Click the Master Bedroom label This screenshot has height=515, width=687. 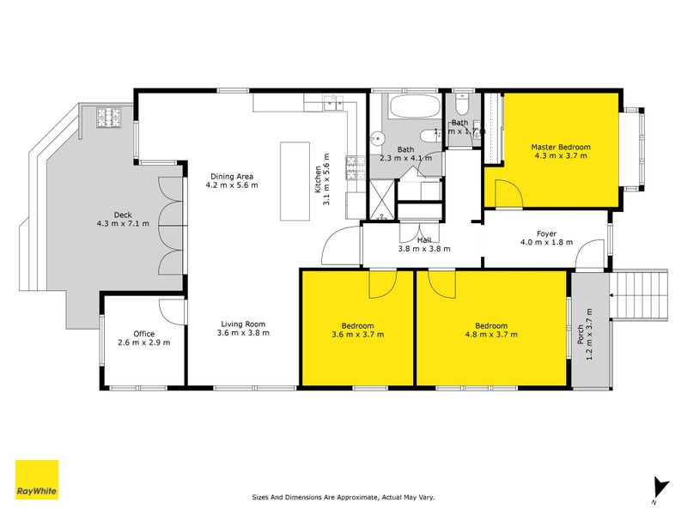pyautogui.click(x=561, y=147)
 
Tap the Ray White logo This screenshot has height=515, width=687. pyautogui.click(x=37, y=480)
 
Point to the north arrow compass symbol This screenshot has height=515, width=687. pyautogui.click(x=659, y=488)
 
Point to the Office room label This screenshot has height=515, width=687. pyautogui.click(x=143, y=334)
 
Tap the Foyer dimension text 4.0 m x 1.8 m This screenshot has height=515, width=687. pyautogui.click(x=546, y=243)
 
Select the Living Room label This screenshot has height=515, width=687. pyautogui.click(x=243, y=323)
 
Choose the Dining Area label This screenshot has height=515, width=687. pyautogui.click(x=230, y=175)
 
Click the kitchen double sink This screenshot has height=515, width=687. pyautogui.click(x=331, y=104)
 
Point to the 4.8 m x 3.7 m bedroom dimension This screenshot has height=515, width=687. pyautogui.click(x=491, y=336)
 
